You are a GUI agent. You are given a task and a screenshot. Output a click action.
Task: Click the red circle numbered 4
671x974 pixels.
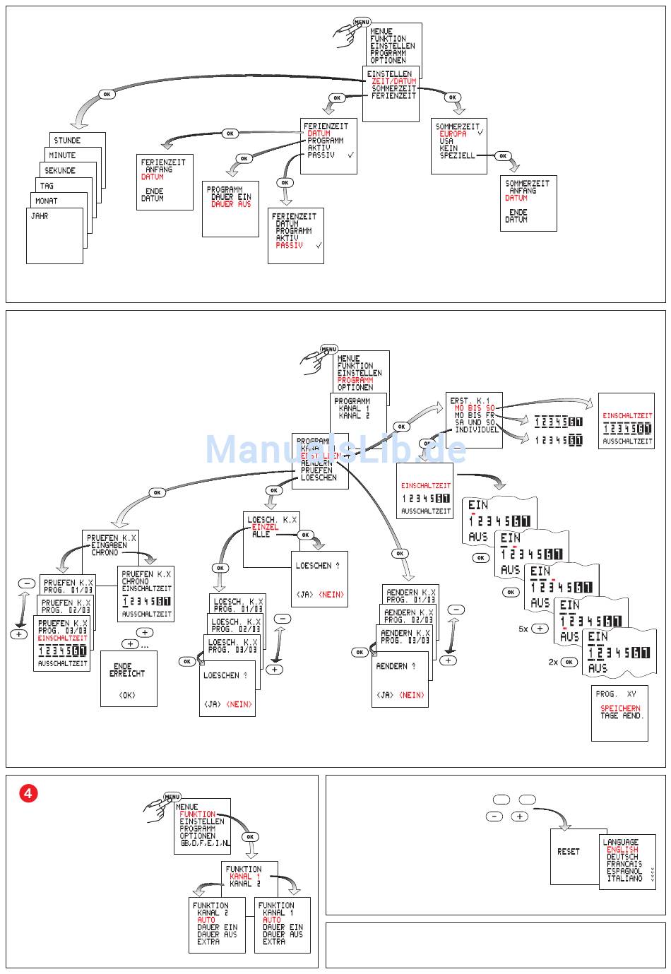coord(28,793)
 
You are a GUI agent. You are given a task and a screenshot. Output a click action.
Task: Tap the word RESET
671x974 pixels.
coord(568,852)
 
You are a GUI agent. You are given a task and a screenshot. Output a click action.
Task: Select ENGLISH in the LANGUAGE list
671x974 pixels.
coord(622,850)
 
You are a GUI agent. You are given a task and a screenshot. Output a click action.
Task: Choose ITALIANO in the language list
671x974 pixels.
coord(624,879)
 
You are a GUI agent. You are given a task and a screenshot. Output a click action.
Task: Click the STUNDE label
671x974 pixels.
coord(67,141)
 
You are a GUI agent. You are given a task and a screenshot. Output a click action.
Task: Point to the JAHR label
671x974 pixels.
coord(40,216)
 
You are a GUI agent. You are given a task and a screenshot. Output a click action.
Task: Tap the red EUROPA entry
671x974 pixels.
coord(453,133)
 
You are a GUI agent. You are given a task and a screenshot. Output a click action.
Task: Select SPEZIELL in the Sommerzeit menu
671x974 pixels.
coord(457,155)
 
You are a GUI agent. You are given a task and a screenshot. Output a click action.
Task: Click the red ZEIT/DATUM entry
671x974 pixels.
coord(394,81)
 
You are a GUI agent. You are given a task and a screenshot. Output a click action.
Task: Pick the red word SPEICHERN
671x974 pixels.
coord(620,708)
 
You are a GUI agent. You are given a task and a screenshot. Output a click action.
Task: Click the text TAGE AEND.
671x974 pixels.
coord(622,715)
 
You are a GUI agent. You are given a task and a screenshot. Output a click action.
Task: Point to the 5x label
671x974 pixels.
coord(523,629)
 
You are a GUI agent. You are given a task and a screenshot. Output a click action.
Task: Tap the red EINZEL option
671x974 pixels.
coord(265,527)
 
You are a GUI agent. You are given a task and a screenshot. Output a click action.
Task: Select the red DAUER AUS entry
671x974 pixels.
coord(231,204)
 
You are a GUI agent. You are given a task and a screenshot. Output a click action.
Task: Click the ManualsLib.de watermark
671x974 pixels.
coord(335,449)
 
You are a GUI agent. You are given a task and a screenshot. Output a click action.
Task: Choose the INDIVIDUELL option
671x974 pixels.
coord(476,429)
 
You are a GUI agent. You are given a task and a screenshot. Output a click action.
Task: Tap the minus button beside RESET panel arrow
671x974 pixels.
coord(494,816)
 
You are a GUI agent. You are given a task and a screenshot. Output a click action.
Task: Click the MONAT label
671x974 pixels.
coord(47,201)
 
